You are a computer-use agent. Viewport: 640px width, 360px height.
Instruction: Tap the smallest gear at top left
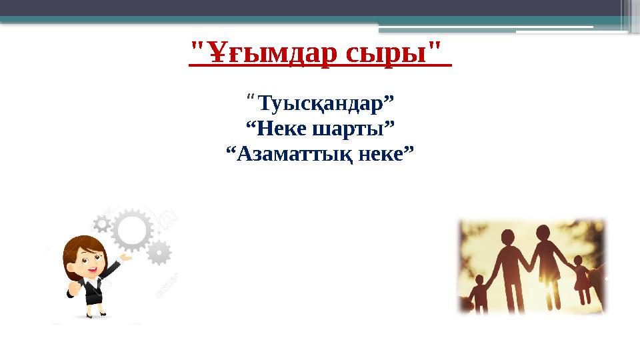tap(101, 223)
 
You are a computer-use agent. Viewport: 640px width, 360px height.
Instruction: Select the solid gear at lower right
tap(159, 253)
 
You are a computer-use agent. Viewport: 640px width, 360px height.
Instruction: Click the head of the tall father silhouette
tap(509, 237)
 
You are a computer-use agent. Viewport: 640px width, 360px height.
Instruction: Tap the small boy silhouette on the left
tap(478, 294)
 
